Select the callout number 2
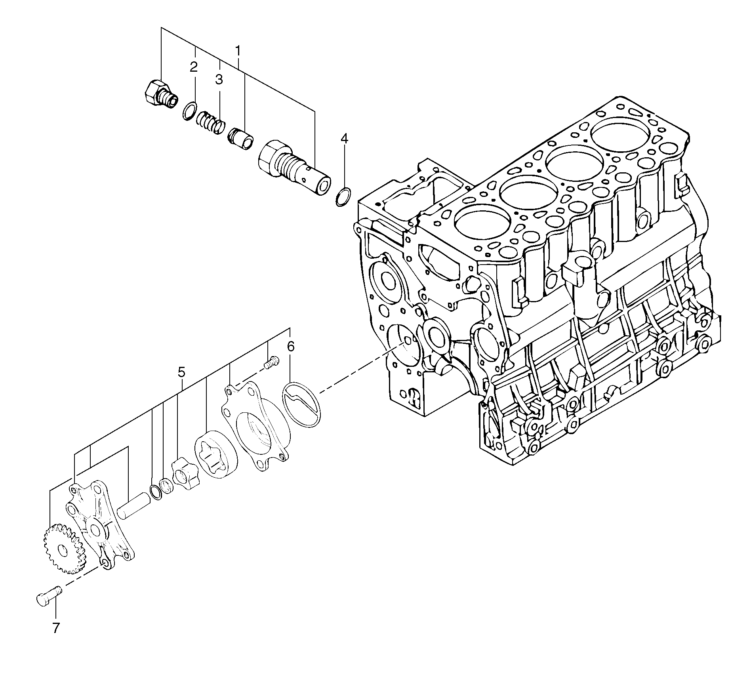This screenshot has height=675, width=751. click(193, 67)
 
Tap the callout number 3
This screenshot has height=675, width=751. click(219, 79)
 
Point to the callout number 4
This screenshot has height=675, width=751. click(344, 138)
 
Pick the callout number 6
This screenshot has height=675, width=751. click(291, 347)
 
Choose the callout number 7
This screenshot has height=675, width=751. click(56, 639)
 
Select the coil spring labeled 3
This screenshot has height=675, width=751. click(211, 122)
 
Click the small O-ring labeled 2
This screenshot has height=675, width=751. click(190, 110)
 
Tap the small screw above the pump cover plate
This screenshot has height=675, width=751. click(271, 362)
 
